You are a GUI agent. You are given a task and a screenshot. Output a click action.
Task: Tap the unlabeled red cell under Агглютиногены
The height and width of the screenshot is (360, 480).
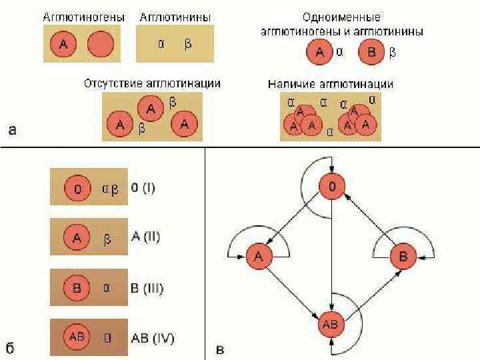tap(101, 45)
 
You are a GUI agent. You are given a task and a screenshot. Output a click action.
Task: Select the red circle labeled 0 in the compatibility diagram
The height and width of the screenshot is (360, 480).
tap(331, 187)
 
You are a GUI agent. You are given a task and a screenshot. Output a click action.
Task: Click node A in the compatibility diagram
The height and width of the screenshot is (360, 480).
tap(259, 255)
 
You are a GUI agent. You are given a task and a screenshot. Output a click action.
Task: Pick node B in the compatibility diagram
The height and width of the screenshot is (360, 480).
tap(403, 255)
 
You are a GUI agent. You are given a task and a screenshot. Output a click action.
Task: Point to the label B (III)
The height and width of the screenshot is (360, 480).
tap(147, 288)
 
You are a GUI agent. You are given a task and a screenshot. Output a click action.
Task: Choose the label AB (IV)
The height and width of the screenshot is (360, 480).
tap(153, 338)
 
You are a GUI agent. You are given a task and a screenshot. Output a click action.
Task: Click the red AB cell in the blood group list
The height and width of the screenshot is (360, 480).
tap(77, 337)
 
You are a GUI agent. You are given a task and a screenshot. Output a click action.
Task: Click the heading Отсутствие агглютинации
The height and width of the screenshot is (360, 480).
tap(152, 84)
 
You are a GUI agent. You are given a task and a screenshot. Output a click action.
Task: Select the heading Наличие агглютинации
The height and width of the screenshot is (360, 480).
tap(331, 84)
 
